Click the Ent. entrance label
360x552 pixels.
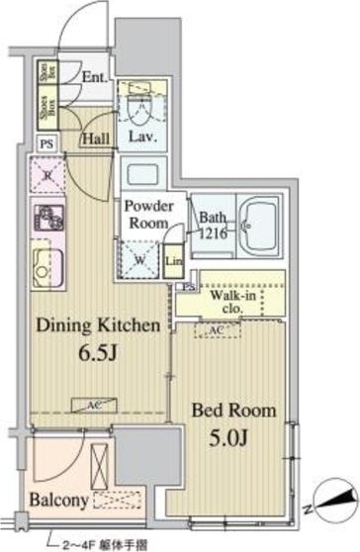point(94,77)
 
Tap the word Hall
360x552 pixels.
point(97,139)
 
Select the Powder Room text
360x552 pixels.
point(148,215)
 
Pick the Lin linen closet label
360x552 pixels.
point(173,261)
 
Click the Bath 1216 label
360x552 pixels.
point(213,225)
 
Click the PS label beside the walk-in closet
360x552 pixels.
point(188,287)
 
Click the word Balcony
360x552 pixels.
point(60,500)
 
